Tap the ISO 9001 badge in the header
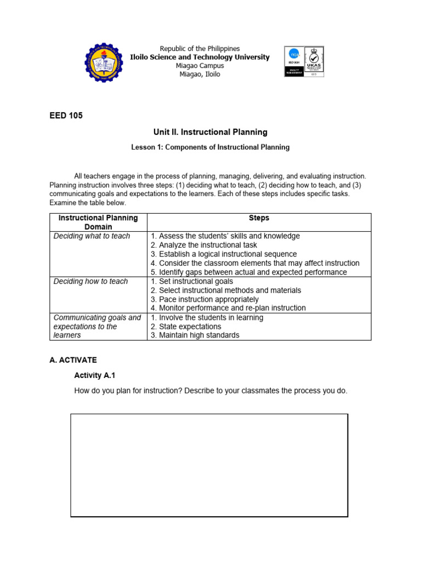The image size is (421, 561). [x=293, y=61]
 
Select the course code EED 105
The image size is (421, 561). [x=66, y=116]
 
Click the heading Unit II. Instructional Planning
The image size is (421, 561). [x=210, y=132]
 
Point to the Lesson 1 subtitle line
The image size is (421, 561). [x=210, y=147]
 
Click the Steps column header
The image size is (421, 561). [x=259, y=218]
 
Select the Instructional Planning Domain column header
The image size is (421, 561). [x=98, y=222]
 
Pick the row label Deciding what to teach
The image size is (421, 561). [x=92, y=236]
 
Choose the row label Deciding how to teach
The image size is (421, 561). [x=90, y=282]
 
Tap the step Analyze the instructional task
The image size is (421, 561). [x=204, y=245]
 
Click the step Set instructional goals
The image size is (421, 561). [x=192, y=282]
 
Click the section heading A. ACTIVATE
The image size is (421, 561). [x=73, y=360]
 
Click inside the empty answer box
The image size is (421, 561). [x=209, y=465]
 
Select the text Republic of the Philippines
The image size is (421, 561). [x=200, y=49]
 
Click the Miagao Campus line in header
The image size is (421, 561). [x=200, y=66]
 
